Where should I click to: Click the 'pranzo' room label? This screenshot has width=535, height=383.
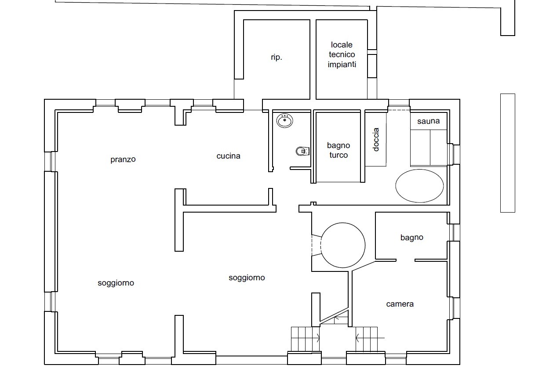tap(123, 159)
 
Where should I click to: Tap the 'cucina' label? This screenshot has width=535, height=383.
tap(228, 156)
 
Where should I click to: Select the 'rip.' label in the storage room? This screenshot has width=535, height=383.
tap(277, 57)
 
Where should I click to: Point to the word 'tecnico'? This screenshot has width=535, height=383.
tap(342, 54)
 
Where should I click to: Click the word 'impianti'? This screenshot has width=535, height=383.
tap(342, 65)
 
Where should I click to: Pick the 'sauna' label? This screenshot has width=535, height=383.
tap(429, 121)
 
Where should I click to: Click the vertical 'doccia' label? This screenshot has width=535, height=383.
tap(376, 140)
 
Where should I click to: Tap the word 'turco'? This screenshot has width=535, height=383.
tap(338, 155)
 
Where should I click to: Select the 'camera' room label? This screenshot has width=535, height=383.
tap(400, 304)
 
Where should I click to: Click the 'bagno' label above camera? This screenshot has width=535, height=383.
tap(412, 238)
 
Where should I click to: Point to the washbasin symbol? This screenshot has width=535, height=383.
tap(285, 120)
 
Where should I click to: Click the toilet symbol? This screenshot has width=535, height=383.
tap(302, 151)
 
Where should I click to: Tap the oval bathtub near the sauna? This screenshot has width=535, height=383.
tap(419, 186)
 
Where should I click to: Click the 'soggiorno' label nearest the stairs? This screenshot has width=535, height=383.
tap(247, 278)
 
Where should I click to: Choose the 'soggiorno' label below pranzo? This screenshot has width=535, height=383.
tap(116, 283)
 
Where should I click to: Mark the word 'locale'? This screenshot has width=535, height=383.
tap(342, 45)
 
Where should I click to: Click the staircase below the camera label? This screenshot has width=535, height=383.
tap(367, 339)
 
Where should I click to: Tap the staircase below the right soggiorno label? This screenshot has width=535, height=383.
tap(306, 339)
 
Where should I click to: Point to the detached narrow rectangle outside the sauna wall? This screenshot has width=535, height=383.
tap(508, 153)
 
